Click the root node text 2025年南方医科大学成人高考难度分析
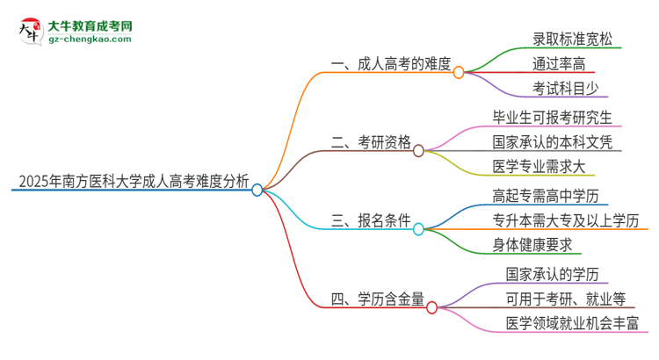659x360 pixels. click(x=132, y=182)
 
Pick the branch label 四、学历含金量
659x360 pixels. click(x=378, y=299)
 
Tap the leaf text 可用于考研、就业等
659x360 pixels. click(x=565, y=299)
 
